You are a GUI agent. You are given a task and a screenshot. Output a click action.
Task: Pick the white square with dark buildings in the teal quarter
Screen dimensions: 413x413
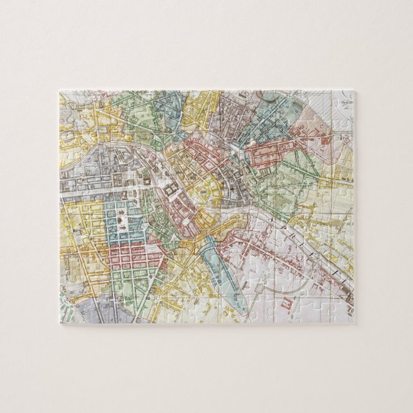122,221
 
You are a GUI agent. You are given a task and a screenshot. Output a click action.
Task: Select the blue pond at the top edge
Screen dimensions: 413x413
270,96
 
